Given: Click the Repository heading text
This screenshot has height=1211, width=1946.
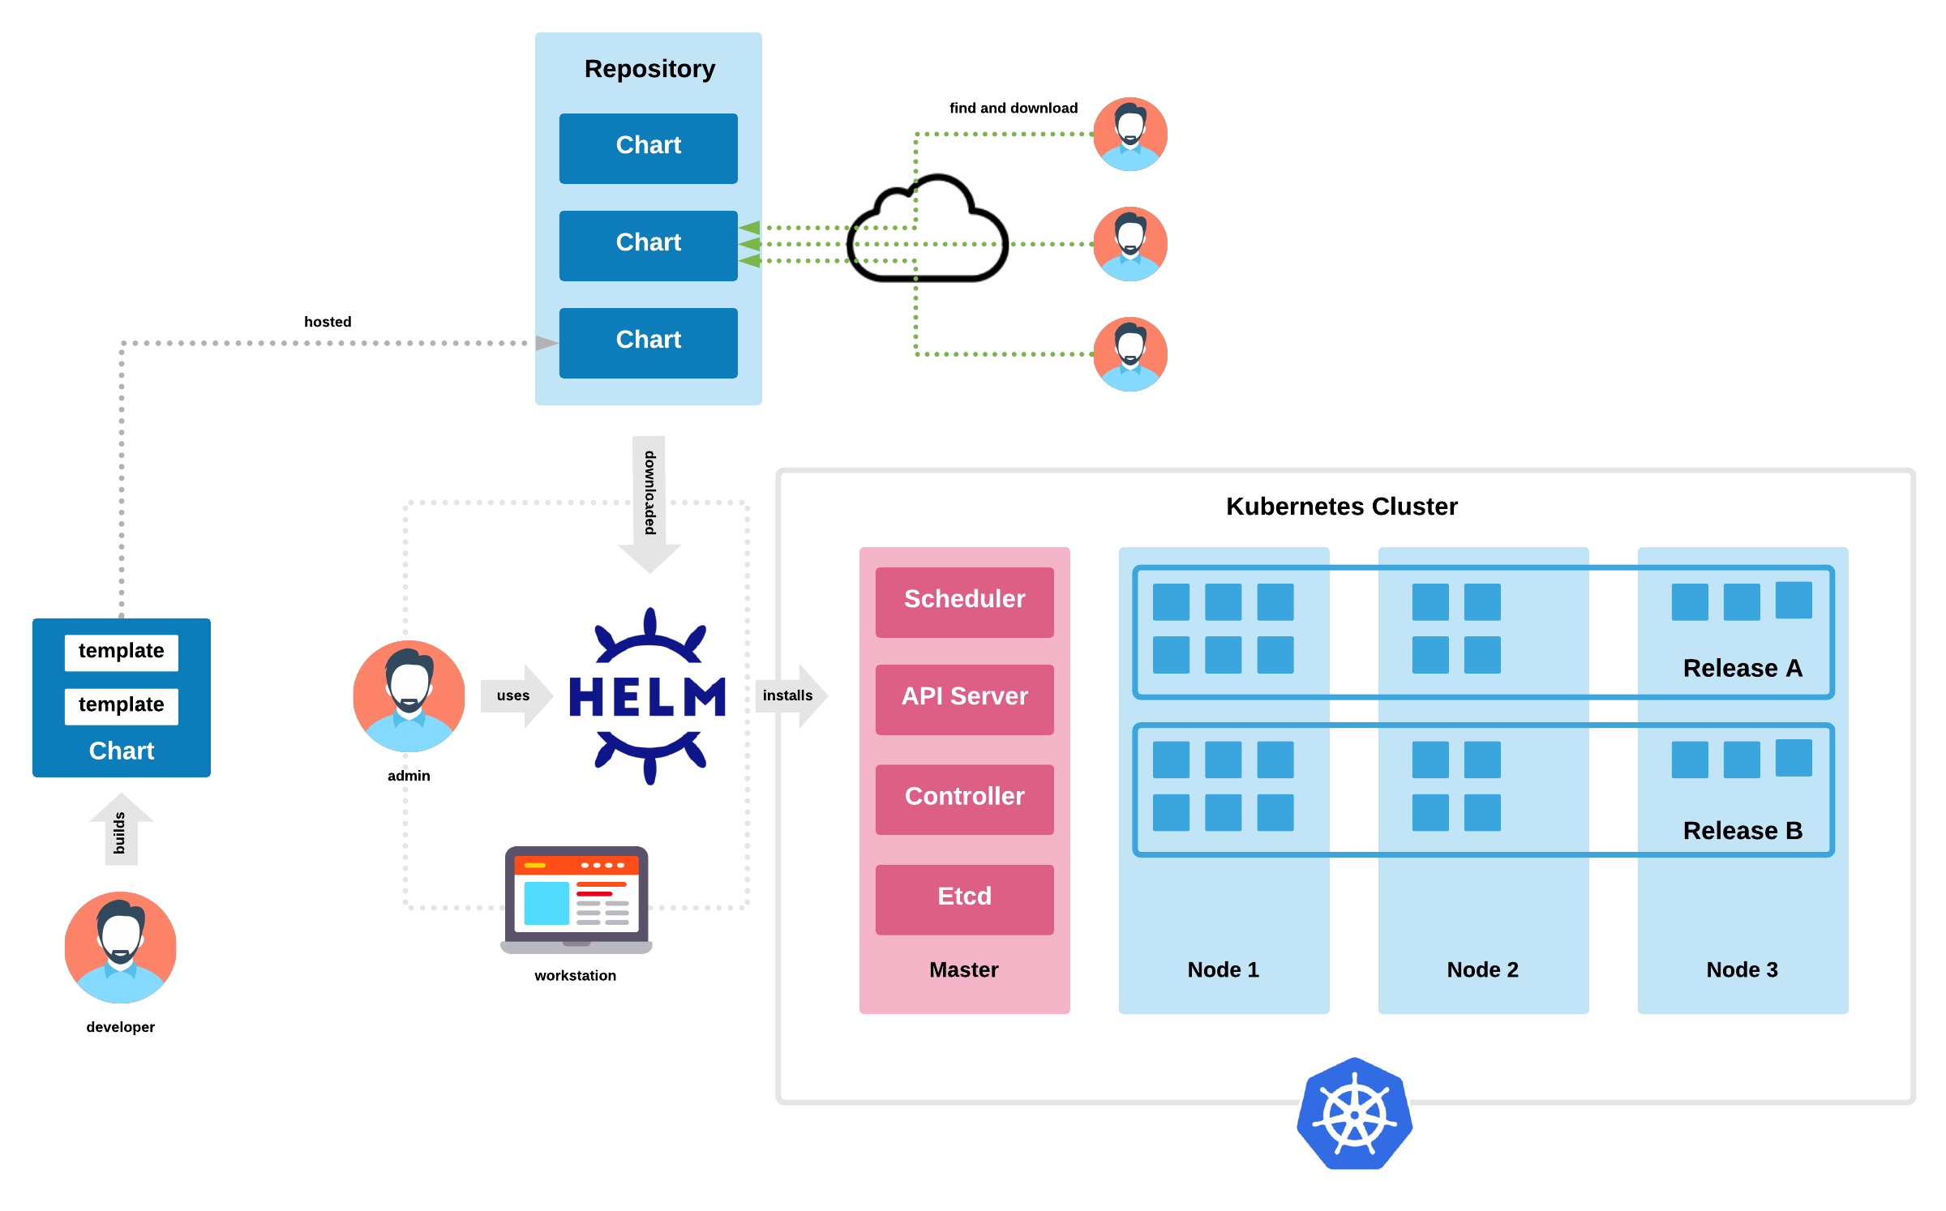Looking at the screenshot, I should tap(649, 69).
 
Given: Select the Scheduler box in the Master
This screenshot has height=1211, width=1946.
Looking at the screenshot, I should tap(964, 601).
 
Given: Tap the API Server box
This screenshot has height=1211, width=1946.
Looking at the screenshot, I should tap(964, 698).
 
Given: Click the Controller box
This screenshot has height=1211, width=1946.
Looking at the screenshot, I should tap(964, 798).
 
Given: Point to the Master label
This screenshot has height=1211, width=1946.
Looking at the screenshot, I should tap(963, 969).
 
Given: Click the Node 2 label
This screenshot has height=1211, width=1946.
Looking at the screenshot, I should tap(1482, 969).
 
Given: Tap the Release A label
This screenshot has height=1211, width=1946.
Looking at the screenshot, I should tap(1742, 668).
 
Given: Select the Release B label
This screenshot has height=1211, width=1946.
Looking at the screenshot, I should tap(1742, 830).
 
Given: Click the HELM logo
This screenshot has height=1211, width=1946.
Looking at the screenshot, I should tap(649, 696).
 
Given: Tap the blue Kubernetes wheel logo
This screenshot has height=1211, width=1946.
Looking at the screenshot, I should tap(1354, 1114).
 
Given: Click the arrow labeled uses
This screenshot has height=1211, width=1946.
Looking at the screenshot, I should tap(517, 695).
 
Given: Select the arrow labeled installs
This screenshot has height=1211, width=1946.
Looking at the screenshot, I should tap(791, 695).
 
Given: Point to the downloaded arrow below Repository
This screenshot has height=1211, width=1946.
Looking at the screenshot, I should tap(649, 503).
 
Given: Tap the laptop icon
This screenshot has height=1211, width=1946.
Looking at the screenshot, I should tap(577, 900).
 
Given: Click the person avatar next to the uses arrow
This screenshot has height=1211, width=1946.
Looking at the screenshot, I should tap(409, 696).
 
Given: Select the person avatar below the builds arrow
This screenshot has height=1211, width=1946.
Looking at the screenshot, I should tap(120, 948).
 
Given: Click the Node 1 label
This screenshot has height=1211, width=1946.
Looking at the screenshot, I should tap(1223, 969).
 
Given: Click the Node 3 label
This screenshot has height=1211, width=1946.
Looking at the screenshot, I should tap(1742, 969).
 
